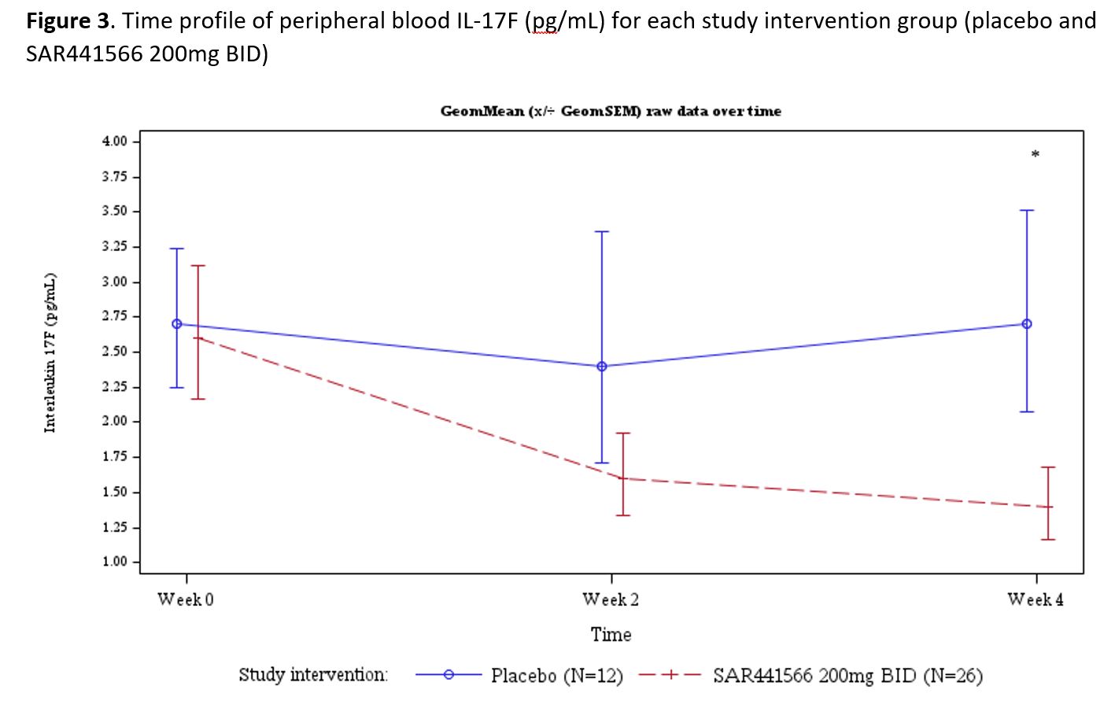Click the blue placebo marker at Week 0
click(177, 324)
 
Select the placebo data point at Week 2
click(602, 367)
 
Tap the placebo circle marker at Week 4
click(1027, 324)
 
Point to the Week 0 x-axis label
click(186, 600)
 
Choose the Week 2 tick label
click(611, 600)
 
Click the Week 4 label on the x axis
click(1036, 600)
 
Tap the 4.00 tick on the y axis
click(114, 142)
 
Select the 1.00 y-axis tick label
click(114, 562)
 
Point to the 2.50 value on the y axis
click(114, 352)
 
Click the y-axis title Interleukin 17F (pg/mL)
click(50, 352)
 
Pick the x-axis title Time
click(611, 635)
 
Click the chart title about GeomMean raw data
click(611, 111)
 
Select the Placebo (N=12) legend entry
click(556, 676)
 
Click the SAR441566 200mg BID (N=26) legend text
click(847, 676)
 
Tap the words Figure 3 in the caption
click(69, 21)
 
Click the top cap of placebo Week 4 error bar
click(1027, 211)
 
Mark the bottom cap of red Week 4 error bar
click(1048, 540)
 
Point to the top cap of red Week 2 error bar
click(623, 434)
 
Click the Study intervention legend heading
click(313, 675)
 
